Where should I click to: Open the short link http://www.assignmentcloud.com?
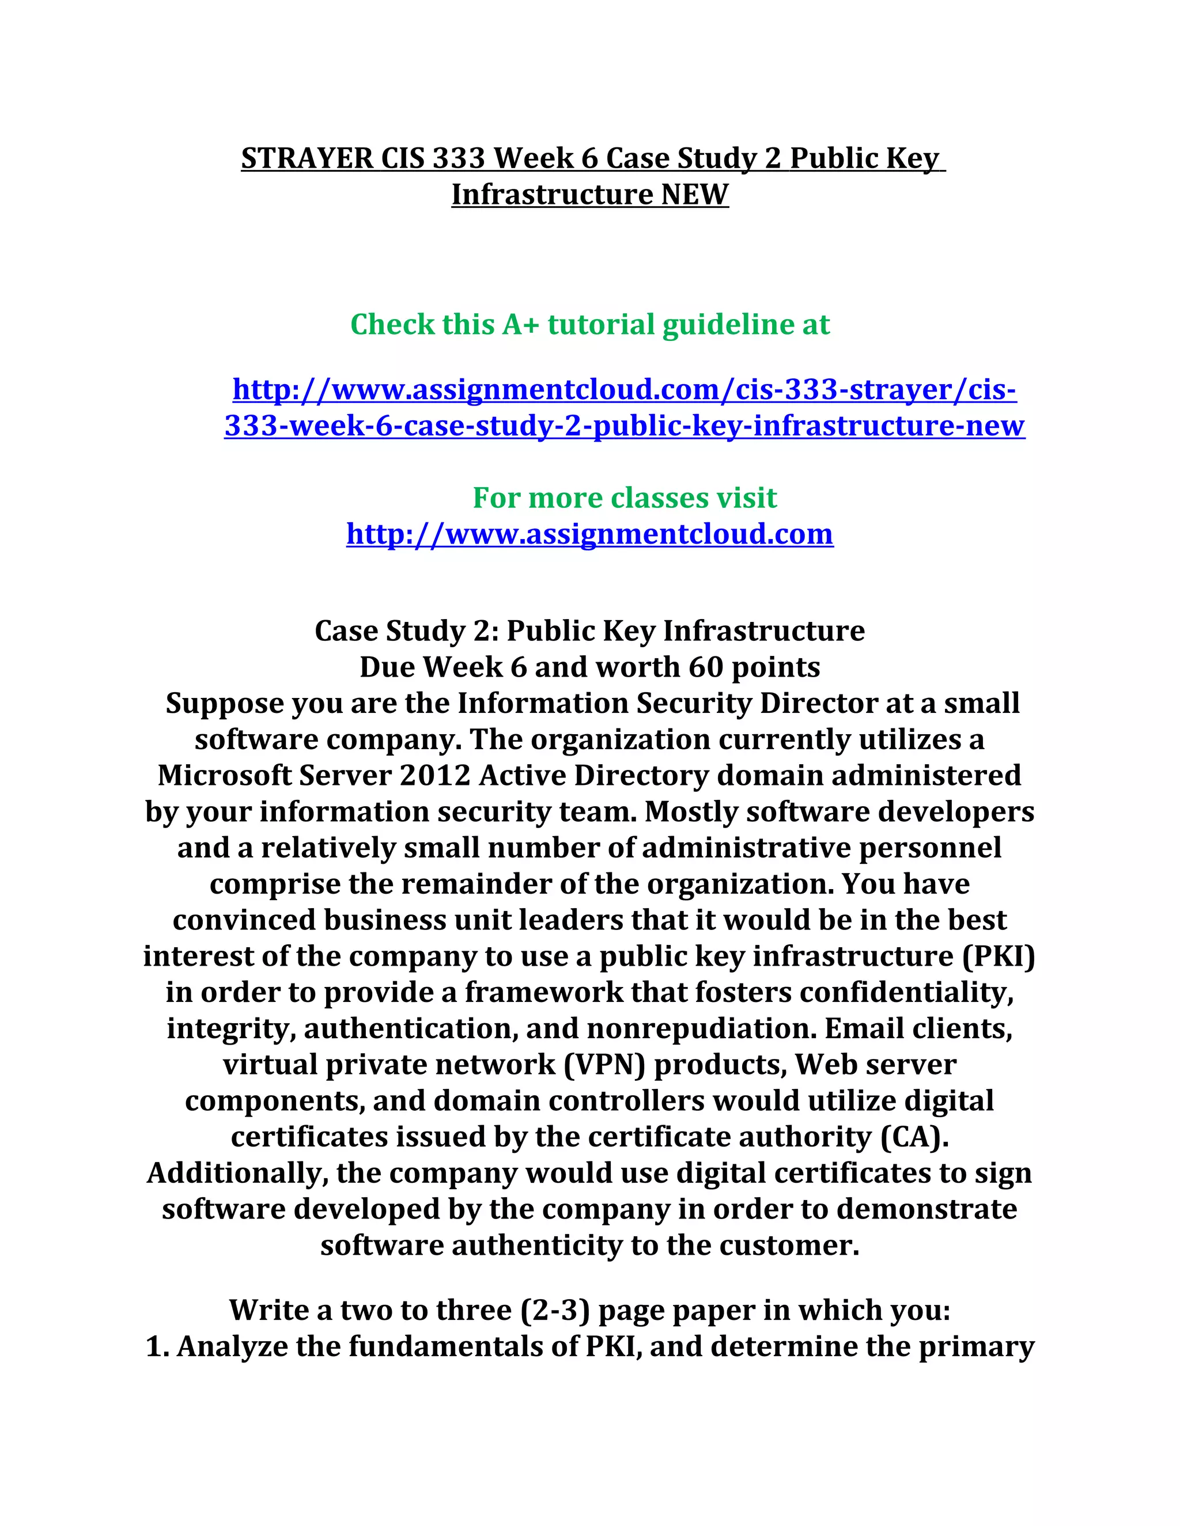[x=589, y=534]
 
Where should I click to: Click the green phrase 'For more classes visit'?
[x=624, y=498]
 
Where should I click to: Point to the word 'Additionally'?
[x=238, y=1173]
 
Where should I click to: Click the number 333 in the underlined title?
[x=458, y=158]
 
